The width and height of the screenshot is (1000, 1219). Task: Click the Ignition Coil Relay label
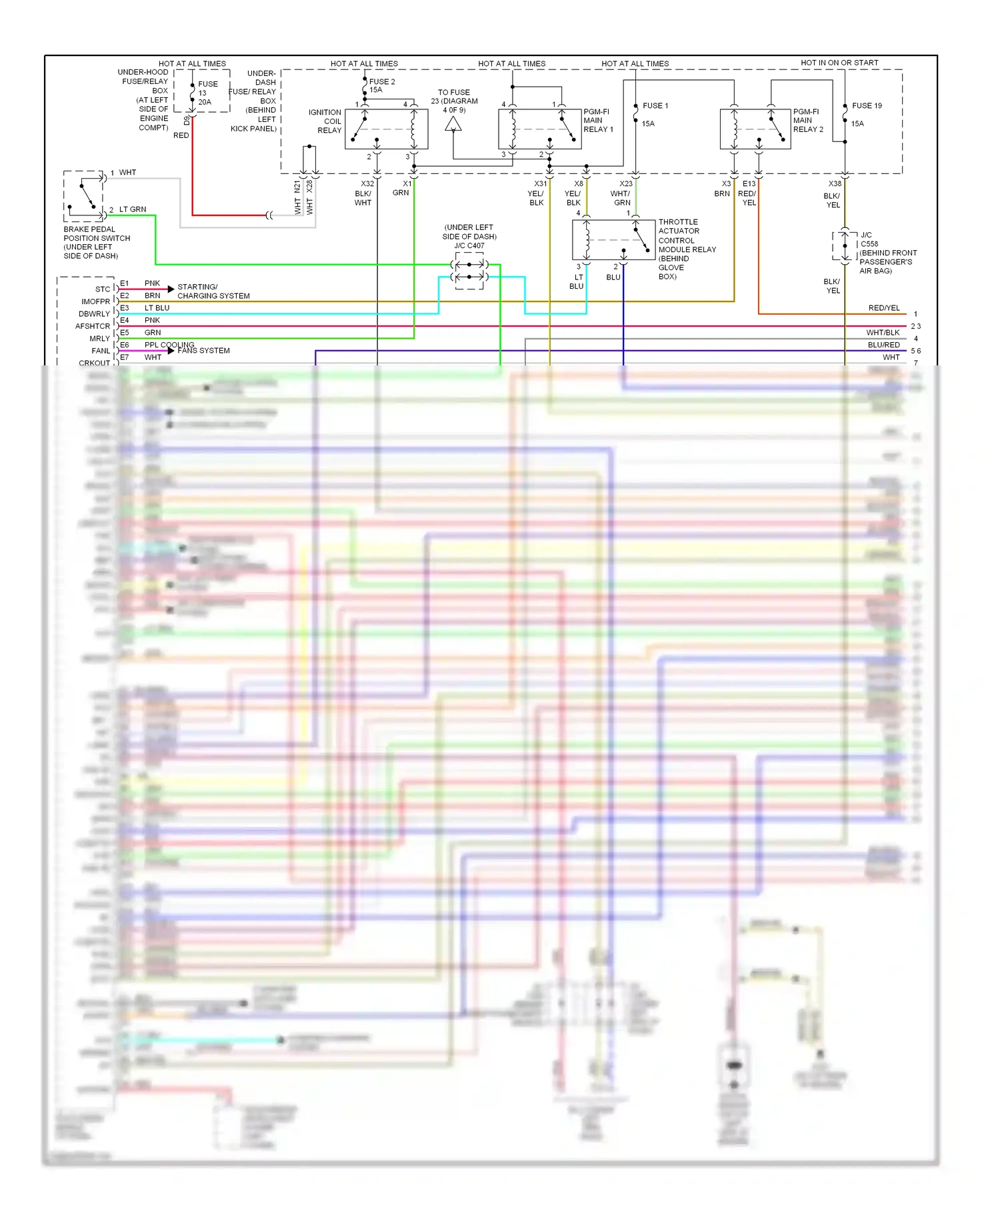325,121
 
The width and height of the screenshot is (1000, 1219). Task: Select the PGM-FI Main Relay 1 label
598,121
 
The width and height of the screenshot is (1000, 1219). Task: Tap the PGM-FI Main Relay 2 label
808,121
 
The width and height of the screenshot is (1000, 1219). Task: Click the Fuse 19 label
867,105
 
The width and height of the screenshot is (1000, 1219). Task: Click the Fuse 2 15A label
381,85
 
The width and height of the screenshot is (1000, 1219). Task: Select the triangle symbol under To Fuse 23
453,124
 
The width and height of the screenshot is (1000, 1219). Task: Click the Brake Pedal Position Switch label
97,242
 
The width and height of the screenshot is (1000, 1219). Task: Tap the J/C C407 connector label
469,245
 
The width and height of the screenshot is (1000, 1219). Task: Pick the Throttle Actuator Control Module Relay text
687,249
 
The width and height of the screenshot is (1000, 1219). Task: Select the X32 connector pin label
367,183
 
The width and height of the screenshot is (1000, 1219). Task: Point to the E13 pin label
749,183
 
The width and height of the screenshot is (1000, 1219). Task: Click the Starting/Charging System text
213,291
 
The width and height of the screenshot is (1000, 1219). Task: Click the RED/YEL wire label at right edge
884,307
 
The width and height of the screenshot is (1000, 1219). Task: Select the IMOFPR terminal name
95,301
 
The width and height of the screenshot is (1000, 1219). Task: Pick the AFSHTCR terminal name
93,326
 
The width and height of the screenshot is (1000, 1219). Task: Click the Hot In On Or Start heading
839,63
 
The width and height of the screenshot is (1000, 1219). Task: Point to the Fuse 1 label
655,105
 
